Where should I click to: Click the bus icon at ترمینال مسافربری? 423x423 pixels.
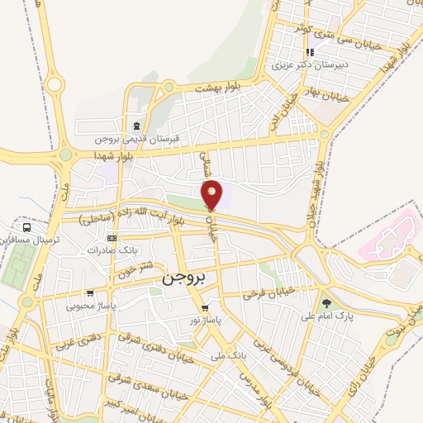27,226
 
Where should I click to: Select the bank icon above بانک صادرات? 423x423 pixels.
112,239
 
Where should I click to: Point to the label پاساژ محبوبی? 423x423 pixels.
90,305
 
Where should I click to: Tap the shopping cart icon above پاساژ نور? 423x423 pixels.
205,308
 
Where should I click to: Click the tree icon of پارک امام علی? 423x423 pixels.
326,303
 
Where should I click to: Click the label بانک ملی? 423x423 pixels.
228,356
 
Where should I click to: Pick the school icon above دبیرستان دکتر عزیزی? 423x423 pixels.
310,50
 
